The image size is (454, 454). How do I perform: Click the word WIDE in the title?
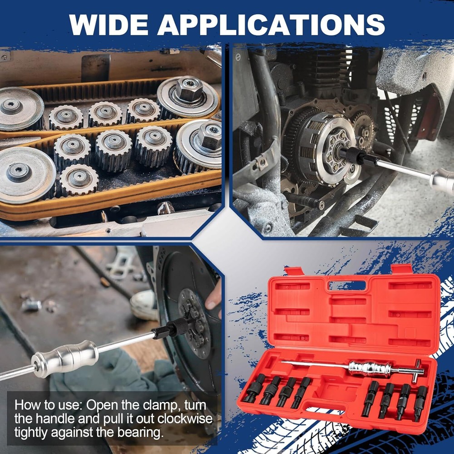[109, 25]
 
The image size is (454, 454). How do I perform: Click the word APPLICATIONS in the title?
[271, 25]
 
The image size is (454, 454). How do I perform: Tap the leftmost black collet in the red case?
[254, 388]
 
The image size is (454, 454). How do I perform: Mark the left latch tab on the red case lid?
[294, 271]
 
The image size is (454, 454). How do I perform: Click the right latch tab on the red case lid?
[402, 269]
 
